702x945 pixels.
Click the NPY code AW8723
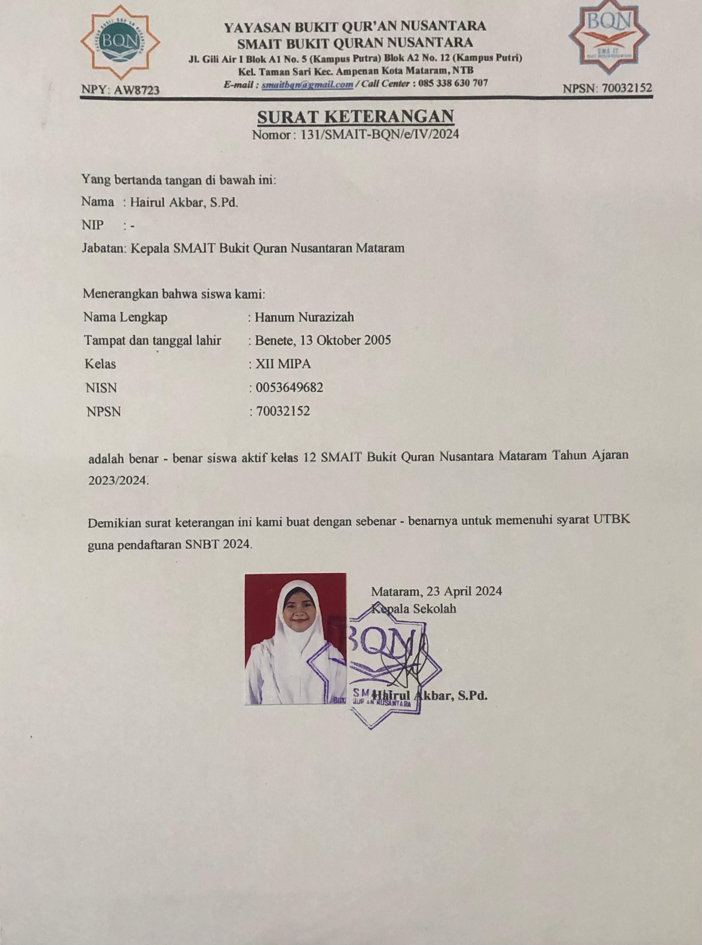click(x=120, y=90)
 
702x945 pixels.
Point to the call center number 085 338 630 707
click(x=453, y=83)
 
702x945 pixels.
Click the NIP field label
click(x=93, y=225)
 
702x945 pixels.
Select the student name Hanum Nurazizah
click(x=304, y=317)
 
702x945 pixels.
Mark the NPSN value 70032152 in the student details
click(x=282, y=411)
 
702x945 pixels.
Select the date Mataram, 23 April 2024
click(x=436, y=591)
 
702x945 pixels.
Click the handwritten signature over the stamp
click(x=404, y=663)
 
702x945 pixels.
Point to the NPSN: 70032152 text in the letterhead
click(x=607, y=89)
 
